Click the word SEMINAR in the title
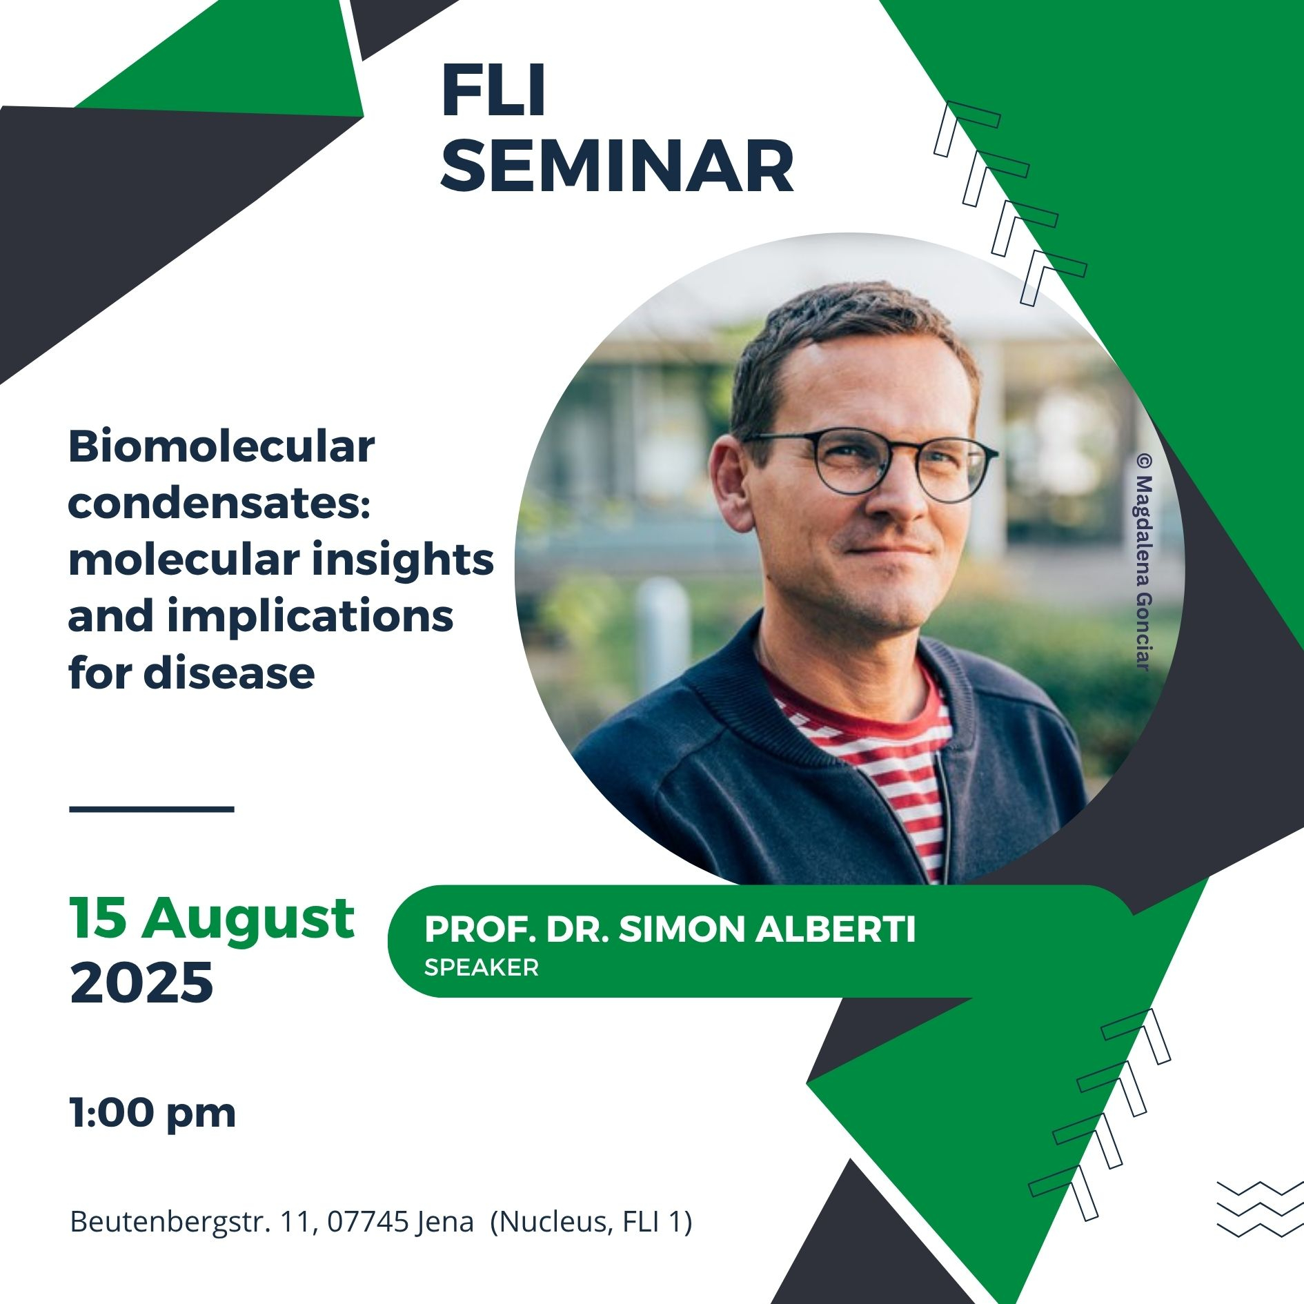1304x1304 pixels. [x=617, y=166]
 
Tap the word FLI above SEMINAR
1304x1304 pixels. [x=493, y=90]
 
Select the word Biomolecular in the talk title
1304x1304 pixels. [x=221, y=447]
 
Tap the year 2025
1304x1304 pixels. [x=141, y=982]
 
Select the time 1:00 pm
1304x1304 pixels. [x=152, y=1114]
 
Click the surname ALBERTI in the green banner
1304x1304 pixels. [x=836, y=929]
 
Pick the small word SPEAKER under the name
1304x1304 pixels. [x=481, y=967]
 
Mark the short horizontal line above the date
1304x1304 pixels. [x=152, y=809]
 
